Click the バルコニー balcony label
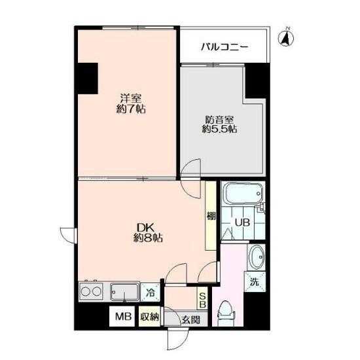tap(225, 47)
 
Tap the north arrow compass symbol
tap(286, 38)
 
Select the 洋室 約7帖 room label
tap(131, 103)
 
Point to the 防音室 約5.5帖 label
tap(219, 124)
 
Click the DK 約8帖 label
tap(148, 232)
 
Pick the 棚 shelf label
tap(211, 216)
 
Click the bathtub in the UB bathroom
tap(243, 194)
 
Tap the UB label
tap(242, 223)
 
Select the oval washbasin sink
tap(256, 257)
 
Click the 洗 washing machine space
tap(255, 281)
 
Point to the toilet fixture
tap(225, 312)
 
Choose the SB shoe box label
tap(202, 300)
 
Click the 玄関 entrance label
tap(190, 319)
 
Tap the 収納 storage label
tap(149, 317)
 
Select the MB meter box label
tap(123, 317)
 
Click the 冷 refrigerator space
tap(151, 293)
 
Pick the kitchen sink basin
tap(124, 292)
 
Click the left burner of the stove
tap(86, 292)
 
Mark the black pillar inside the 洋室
tap(88, 79)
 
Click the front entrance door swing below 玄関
tap(178, 339)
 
